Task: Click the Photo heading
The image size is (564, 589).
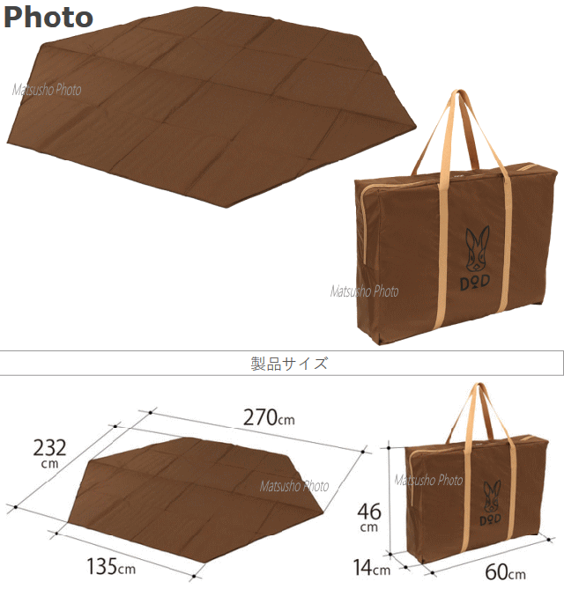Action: coord(48,17)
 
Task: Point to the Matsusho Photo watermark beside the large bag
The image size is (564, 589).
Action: coord(364,291)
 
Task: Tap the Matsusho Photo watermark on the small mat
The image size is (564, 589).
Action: coord(294,486)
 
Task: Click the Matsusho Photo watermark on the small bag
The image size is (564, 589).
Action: coord(428,480)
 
